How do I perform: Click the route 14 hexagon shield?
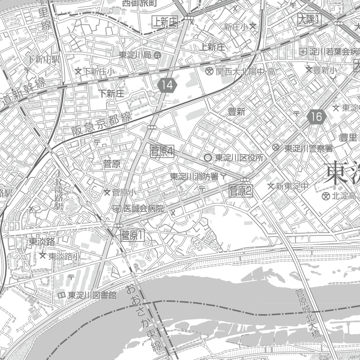click(x=168, y=84)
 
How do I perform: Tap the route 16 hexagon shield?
click(x=317, y=117)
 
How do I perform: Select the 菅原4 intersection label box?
click(x=162, y=151)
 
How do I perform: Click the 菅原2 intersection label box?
click(x=241, y=191)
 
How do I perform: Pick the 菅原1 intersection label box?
click(x=132, y=234)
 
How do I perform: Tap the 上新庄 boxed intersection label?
click(x=165, y=21)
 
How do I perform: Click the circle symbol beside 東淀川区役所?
click(x=207, y=158)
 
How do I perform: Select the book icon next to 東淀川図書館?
click(x=61, y=295)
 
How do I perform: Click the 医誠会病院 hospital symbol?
click(x=117, y=209)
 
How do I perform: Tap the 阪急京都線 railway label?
click(x=101, y=125)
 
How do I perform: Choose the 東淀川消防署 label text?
click(x=194, y=176)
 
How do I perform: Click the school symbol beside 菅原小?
click(x=107, y=193)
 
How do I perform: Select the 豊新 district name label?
click(x=237, y=112)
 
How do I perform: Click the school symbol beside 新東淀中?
click(x=271, y=186)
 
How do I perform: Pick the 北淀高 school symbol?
click(x=326, y=196)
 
